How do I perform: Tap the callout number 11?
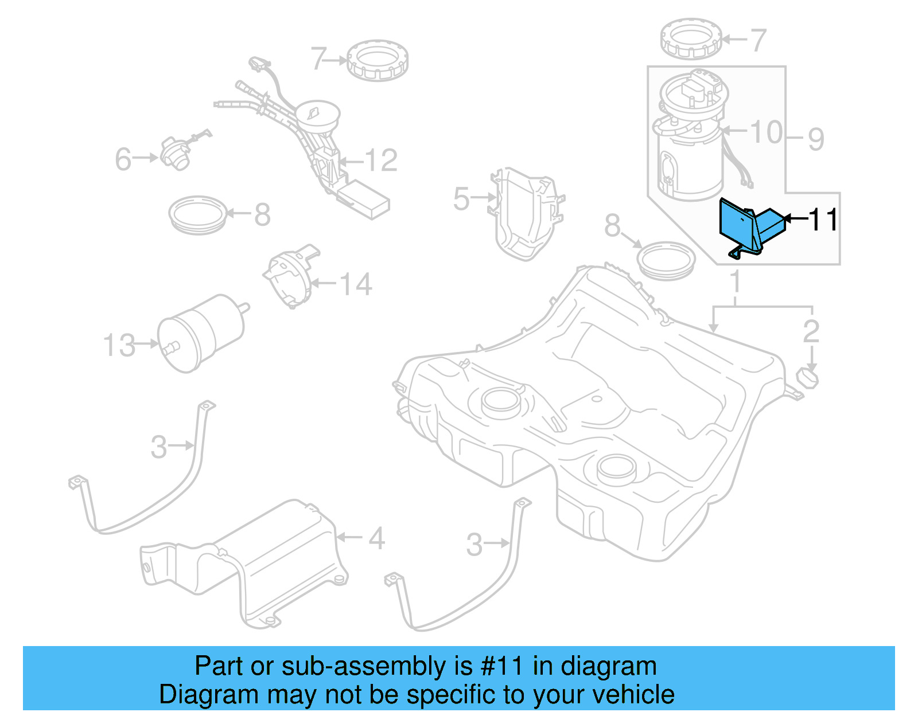tap(823, 220)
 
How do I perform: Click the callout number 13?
tap(119, 346)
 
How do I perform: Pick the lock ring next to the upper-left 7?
tap(378, 60)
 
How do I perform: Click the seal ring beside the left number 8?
tap(198, 214)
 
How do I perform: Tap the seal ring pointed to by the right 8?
tap(666, 260)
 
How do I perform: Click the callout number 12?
tap(380, 161)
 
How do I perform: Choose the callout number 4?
tap(376, 538)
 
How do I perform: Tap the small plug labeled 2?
tap(808, 377)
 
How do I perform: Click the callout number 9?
tap(816, 139)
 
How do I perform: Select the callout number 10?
tap(766, 132)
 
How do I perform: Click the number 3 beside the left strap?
tap(158, 447)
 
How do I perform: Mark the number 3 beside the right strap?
tap(474, 545)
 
